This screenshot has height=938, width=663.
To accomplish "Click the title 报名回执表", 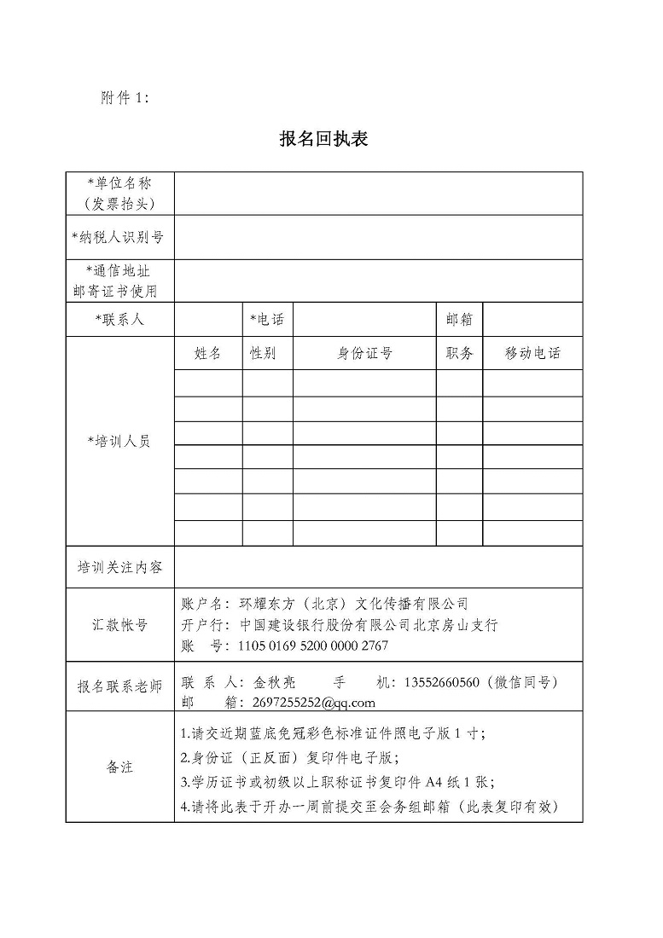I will click(x=323, y=139).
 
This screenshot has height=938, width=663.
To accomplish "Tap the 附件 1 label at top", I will click(x=125, y=98).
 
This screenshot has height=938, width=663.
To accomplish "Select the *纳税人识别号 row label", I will click(x=119, y=237).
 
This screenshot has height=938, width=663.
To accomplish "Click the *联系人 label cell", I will click(x=119, y=320).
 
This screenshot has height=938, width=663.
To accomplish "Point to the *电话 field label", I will click(x=266, y=320).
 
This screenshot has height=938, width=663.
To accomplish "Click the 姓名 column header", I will click(x=207, y=353).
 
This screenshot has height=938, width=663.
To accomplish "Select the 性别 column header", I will click(x=263, y=353).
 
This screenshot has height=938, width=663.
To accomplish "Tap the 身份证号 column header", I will click(x=364, y=353).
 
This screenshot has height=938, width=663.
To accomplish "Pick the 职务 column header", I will click(x=459, y=353).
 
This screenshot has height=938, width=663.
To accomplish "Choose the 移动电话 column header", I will click(x=532, y=353).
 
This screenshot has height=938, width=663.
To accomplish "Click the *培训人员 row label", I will click(x=119, y=442).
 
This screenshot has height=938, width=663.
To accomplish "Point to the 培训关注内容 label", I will click(x=119, y=567).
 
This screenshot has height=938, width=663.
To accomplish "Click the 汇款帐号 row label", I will click(x=119, y=625).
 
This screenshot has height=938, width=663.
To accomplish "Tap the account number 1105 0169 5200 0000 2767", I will click(x=313, y=646).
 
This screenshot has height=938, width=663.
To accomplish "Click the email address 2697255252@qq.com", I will click(x=302, y=703).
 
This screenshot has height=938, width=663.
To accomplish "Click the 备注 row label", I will click(x=119, y=767).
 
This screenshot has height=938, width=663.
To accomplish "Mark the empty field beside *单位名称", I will click(x=378, y=194).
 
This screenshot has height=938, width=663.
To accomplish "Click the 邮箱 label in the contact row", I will click(x=459, y=320).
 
